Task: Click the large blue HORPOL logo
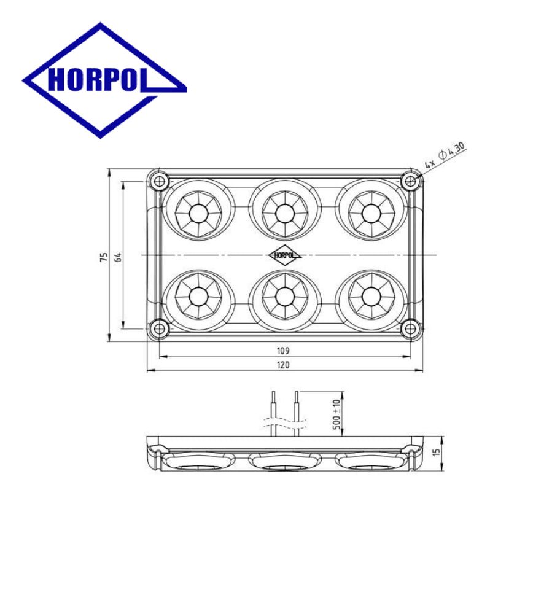tap(104, 80)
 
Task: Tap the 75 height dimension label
tap(104, 257)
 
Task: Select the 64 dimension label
tap(118, 257)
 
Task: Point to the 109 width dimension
tap(283, 351)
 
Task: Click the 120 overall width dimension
tap(283, 365)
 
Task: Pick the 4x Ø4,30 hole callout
tap(446, 155)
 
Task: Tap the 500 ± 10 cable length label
tap(336, 414)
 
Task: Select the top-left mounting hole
tap(159, 181)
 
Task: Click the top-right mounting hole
tap(410, 181)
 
